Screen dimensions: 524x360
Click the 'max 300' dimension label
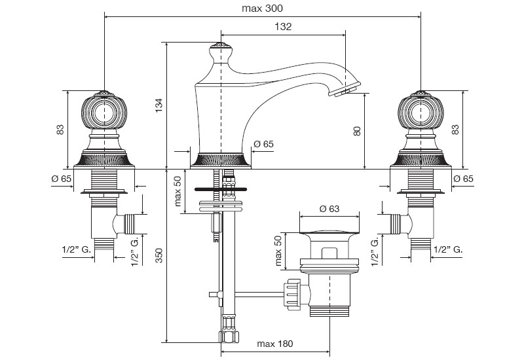[262, 9]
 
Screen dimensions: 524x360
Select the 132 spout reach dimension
[283, 27]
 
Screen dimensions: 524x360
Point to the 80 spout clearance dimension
[357, 130]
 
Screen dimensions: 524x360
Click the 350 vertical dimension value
[159, 255]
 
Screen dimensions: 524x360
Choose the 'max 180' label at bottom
[274, 344]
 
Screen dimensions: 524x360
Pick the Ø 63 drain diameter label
[329, 209]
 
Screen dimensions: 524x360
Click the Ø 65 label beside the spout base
[263, 144]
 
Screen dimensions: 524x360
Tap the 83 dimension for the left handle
[60, 129]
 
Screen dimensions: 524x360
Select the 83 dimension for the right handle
[455, 129]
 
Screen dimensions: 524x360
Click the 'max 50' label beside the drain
[278, 251]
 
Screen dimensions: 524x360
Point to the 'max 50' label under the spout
[178, 191]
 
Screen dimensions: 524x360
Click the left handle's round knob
[104, 113]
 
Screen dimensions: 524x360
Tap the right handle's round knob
[420, 113]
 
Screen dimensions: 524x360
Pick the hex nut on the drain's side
[291, 292]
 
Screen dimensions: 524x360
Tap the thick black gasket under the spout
[221, 189]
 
